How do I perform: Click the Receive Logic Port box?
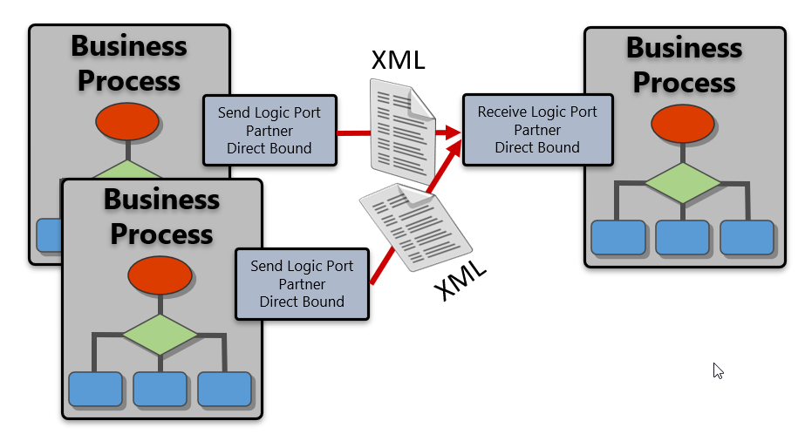point(537,130)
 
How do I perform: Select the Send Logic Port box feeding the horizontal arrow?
point(269,130)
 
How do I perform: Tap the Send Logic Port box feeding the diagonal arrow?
point(302,283)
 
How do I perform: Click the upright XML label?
point(399,60)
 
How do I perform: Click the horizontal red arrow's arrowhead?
point(452,132)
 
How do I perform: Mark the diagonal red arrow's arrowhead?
point(454,150)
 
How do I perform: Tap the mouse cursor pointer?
point(718,370)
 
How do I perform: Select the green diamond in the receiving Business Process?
point(683,183)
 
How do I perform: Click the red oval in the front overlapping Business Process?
point(160,276)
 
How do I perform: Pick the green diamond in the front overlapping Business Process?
point(160,334)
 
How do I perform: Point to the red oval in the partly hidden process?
point(127,123)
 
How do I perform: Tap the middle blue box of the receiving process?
point(683,237)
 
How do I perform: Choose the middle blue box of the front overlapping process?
point(160,389)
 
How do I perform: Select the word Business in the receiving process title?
point(684,47)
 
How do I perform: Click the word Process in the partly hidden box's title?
point(129,81)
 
